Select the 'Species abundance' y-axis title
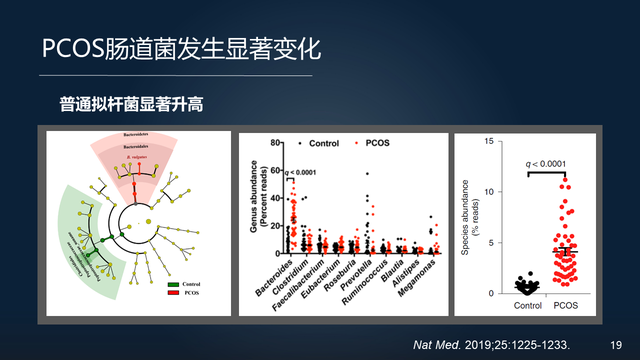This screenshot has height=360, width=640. [x=467, y=215]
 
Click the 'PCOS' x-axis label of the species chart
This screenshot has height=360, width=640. [x=565, y=305]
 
